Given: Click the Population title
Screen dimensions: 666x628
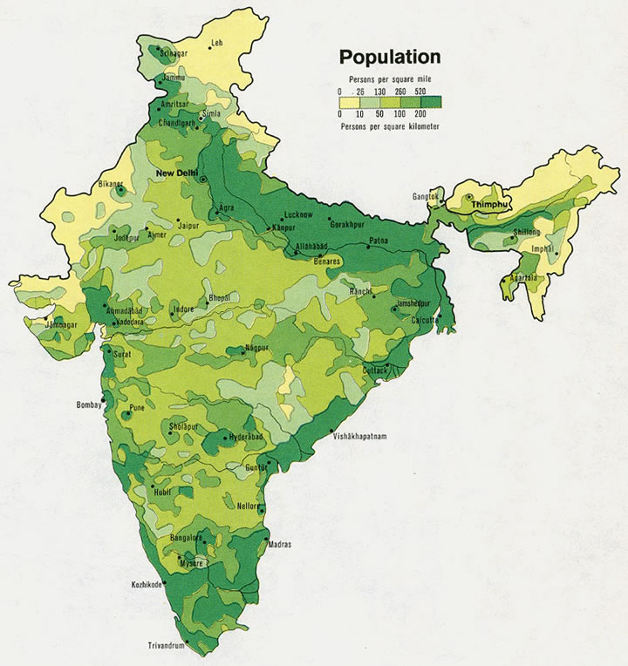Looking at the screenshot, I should pyautogui.click(x=389, y=58).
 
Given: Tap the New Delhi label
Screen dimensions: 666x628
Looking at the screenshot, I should pyautogui.click(x=176, y=173).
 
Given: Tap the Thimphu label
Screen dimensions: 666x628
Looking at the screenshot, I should pyautogui.click(x=488, y=204).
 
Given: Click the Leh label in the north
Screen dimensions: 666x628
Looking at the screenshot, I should pyautogui.click(x=216, y=43).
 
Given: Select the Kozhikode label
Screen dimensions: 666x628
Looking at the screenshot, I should pyautogui.click(x=147, y=584).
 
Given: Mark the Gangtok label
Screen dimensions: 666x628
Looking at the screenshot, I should pyautogui.click(x=426, y=197).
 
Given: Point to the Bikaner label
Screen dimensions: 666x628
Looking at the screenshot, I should pyautogui.click(x=111, y=185).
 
